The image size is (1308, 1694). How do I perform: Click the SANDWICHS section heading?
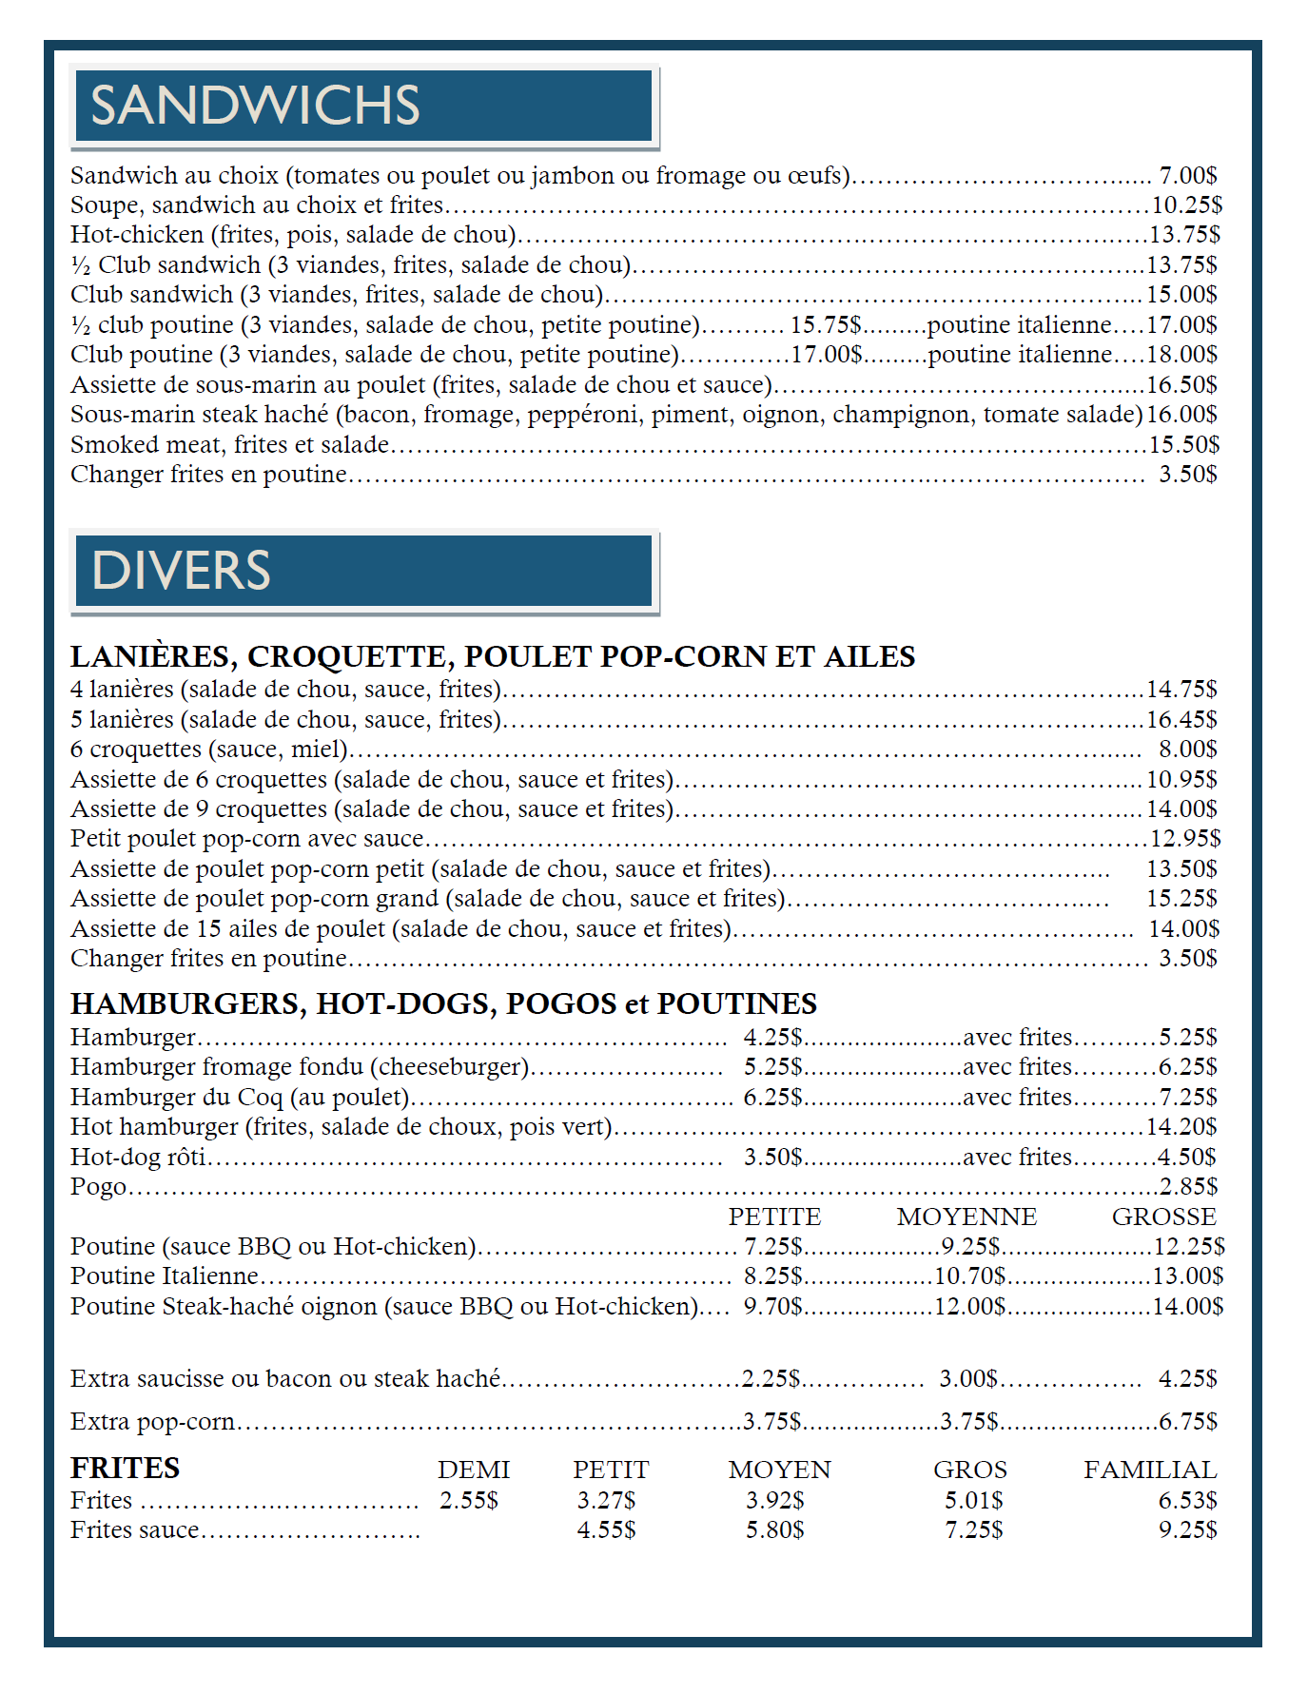255,106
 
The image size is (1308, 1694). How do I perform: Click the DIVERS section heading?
181,571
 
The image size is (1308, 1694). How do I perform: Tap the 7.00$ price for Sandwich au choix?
1187,176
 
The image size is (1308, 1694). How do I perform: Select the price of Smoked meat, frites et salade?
1184,445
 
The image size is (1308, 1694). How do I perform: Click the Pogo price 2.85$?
1188,1187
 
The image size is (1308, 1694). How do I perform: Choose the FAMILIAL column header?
1149,1470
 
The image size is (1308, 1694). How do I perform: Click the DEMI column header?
474,1470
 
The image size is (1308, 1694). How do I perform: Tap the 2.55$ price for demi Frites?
469,1501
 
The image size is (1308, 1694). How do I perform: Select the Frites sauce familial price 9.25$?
1187,1530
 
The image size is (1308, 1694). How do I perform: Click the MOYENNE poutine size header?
966,1217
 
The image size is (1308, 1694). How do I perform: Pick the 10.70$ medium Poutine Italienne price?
970,1276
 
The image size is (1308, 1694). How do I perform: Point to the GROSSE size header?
1163,1217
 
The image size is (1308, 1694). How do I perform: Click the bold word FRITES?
125,1469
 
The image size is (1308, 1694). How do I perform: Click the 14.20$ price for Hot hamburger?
1181,1127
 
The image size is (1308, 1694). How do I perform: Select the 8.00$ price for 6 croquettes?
1187,750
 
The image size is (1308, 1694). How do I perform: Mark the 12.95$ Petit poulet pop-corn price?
1185,839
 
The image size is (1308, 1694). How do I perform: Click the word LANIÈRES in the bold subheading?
151,657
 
